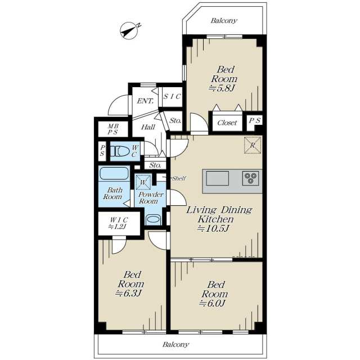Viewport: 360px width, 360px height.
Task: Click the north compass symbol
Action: coord(130,30)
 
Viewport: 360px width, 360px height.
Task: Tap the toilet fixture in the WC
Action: coord(120,151)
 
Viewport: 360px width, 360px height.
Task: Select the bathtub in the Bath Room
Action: coord(114,173)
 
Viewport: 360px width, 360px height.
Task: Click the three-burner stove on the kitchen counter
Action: coord(250,178)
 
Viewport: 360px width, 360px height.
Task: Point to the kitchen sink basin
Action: coord(218,178)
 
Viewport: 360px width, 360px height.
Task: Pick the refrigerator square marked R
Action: coord(253,145)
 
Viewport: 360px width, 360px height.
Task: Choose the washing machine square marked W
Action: coord(143,182)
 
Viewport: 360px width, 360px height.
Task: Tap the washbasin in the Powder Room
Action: coord(152,219)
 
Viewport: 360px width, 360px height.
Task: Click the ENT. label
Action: coord(145,101)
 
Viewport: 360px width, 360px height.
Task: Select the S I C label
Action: coord(172,97)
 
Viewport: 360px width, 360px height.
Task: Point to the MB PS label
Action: coord(113,129)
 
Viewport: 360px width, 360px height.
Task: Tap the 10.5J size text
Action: coord(214,228)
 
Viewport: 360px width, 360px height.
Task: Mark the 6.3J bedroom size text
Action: coord(129,293)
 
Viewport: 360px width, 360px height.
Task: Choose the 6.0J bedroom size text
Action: coord(213,303)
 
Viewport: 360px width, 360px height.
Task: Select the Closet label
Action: coord(227,123)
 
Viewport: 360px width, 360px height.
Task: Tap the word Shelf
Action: coord(179,178)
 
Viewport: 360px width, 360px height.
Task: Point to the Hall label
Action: coord(148,127)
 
